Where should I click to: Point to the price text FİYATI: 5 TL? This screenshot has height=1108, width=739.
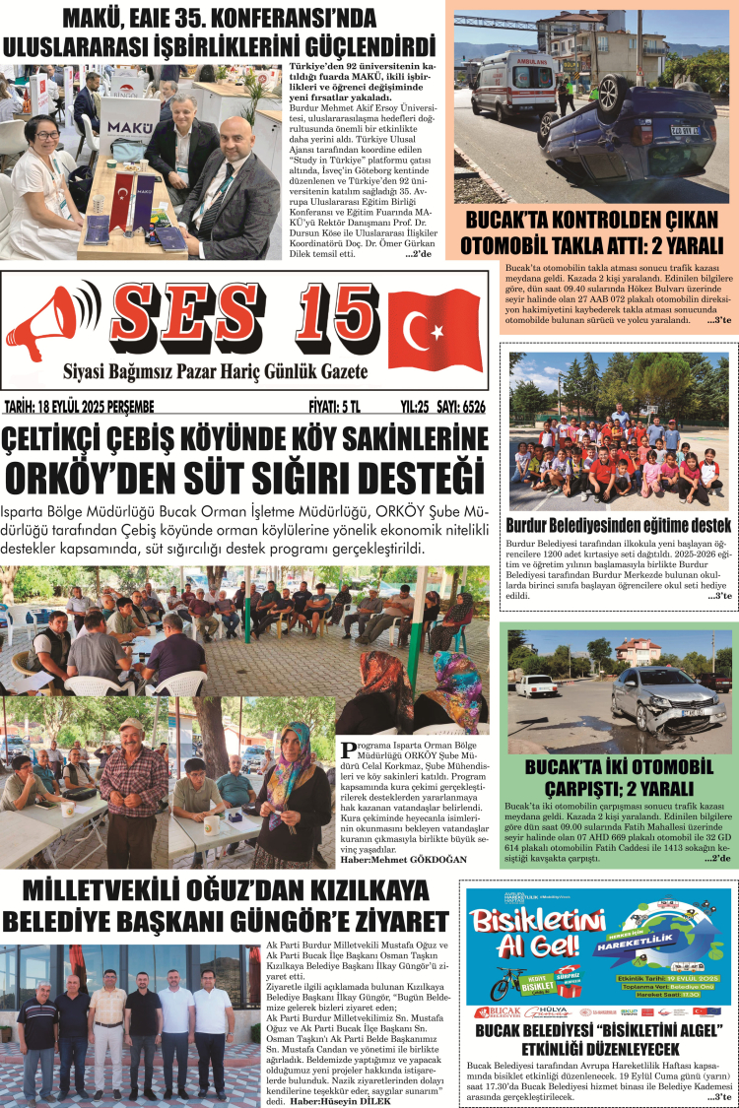click(x=335, y=406)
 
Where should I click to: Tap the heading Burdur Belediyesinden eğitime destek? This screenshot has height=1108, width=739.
click(x=618, y=525)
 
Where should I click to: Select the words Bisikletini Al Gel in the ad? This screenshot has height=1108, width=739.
click(x=537, y=935)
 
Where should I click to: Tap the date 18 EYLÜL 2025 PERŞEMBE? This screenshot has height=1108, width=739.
click(x=80, y=406)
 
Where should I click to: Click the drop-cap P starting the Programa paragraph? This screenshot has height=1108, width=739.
click(x=342, y=746)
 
